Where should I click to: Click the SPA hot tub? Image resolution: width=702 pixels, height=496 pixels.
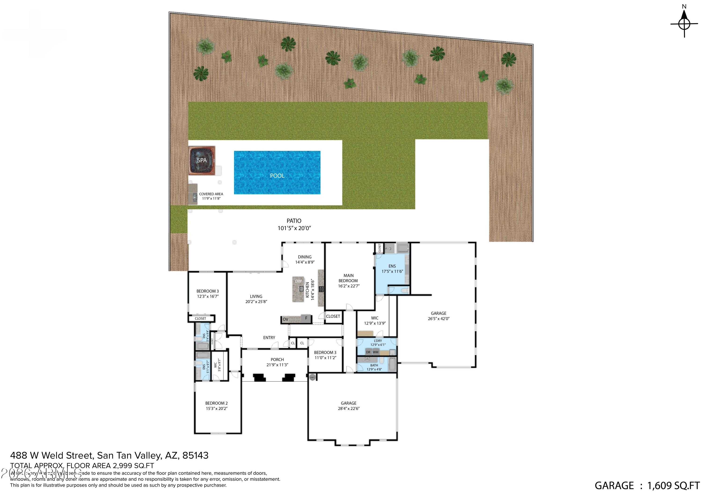tap(202, 160)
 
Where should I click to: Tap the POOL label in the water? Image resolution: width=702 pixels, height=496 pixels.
tap(277, 176)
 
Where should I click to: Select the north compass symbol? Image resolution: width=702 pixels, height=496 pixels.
tap(684, 23)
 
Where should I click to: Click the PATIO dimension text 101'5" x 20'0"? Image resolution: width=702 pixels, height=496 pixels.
tap(294, 228)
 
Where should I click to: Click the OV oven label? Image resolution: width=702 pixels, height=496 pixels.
tap(285, 319)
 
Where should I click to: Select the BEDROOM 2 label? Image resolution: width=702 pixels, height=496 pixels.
tap(216, 403)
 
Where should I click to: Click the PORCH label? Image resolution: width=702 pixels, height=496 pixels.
tap(277, 360)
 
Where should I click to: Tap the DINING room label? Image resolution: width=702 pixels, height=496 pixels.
tap(304, 257)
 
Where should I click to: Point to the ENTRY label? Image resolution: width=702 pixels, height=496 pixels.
tap(269, 338)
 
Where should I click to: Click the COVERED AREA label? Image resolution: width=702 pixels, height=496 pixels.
tap(211, 194)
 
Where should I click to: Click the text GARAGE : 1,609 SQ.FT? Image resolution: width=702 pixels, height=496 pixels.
tap(647, 486)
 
